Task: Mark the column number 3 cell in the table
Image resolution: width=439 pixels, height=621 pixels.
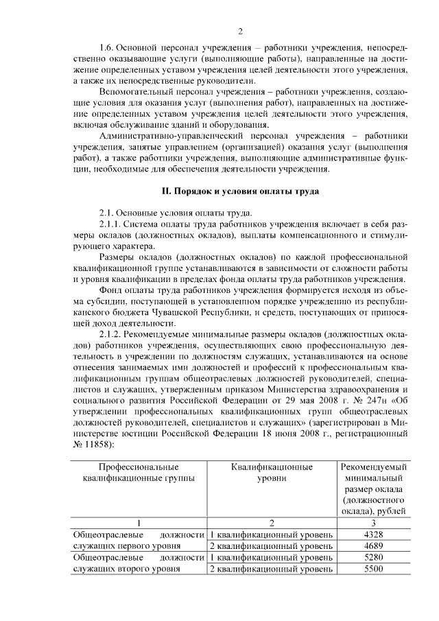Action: [373, 522]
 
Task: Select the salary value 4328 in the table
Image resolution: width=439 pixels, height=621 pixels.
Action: [373, 534]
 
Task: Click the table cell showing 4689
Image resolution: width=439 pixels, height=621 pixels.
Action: [373, 546]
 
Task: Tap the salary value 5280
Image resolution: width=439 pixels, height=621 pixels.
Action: [373, 557]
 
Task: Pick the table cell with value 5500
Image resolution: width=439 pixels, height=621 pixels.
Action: [373, 569]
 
